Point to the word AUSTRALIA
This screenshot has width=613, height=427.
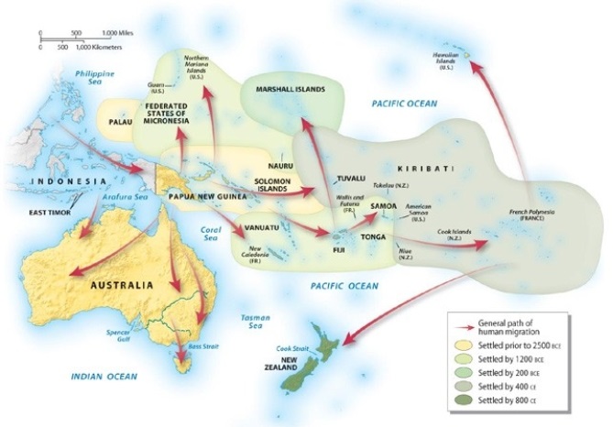121,285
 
